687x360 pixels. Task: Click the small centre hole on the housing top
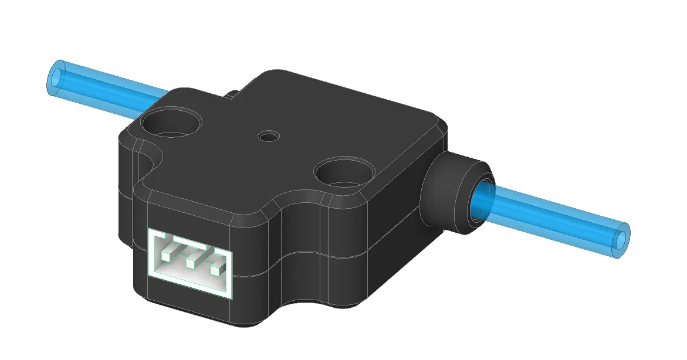[x=269, y=137]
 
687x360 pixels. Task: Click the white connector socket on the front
[x=191, y=261]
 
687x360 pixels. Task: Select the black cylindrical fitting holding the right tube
[x=452, y=191]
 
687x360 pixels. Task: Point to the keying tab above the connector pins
[x=191, y=251]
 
